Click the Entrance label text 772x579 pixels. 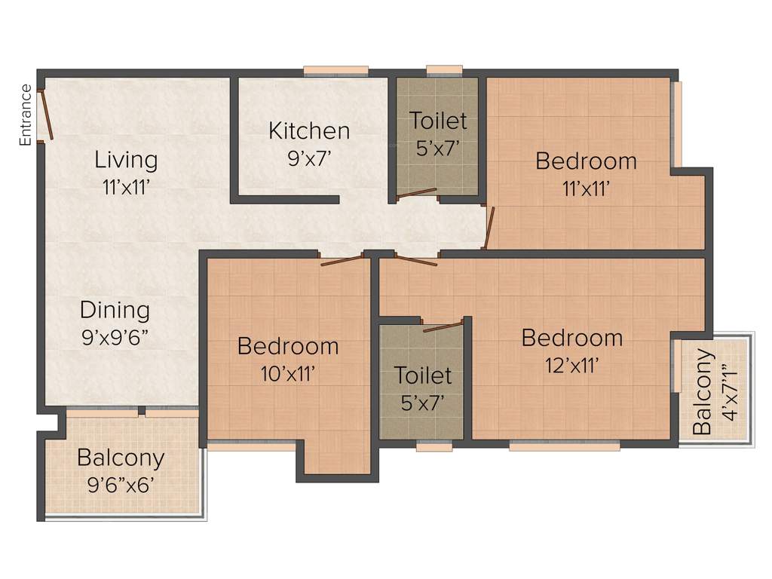click(26, 115)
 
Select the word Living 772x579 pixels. click(126, 160)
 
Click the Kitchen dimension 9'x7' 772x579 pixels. click(309, 157)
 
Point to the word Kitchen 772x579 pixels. click(309, 130)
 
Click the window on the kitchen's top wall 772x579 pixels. click(336, 72)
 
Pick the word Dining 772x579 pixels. click(115, 310)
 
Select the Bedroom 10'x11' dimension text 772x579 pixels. click(287, 372)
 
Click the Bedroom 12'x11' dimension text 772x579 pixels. click(572, 366)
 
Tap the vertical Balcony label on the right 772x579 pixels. click(702, 392)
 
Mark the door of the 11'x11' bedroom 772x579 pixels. click(489, 228)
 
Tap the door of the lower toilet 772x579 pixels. click(443, 326)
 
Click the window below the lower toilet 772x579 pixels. click(434, 446)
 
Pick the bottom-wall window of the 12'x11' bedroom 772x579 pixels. click(564, 446)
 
